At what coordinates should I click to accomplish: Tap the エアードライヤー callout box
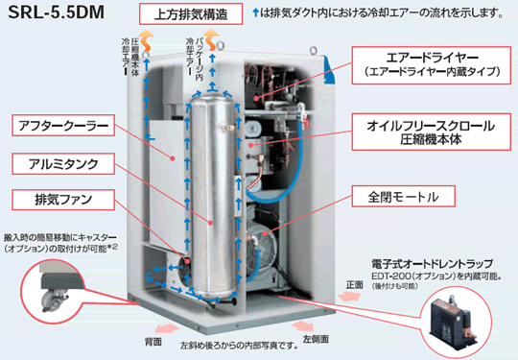(x=428, y=63)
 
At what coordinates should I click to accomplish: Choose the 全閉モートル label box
(x=402, y=198)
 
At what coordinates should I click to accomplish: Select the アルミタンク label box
(x=55, y=162)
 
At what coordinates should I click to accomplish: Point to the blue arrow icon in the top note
(x=252, y=13)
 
